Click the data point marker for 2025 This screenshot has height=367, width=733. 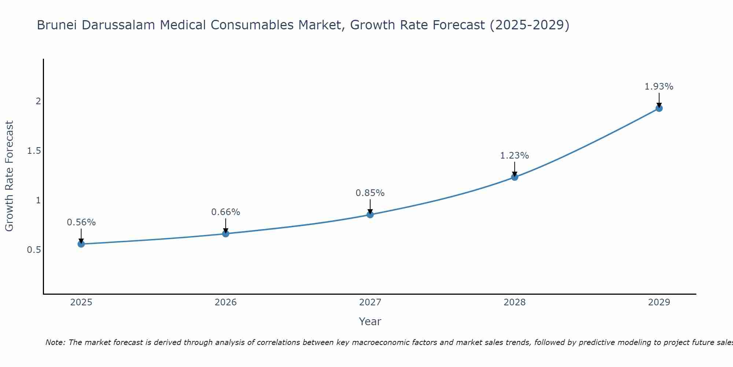81,244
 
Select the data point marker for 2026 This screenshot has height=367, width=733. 226,234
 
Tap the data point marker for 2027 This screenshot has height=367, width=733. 370,215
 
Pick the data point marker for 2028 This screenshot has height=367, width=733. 515,177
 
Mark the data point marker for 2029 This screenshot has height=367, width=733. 659,108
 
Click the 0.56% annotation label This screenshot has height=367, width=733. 81,222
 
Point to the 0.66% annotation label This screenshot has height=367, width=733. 226,212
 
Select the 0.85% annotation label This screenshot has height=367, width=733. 370,193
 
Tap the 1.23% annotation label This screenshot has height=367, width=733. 515,156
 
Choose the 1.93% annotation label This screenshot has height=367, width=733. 659,87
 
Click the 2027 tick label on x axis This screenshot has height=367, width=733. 370,302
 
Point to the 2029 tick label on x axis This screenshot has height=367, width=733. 659,302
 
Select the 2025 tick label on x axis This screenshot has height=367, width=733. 81,302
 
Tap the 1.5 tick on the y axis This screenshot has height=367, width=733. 34,151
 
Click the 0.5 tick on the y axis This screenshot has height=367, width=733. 34,250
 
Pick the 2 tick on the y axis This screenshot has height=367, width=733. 38,101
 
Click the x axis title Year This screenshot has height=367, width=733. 370,321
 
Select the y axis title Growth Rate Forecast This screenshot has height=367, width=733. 10,176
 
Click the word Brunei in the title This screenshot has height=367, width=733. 57,25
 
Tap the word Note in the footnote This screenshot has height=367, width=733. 55,342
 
